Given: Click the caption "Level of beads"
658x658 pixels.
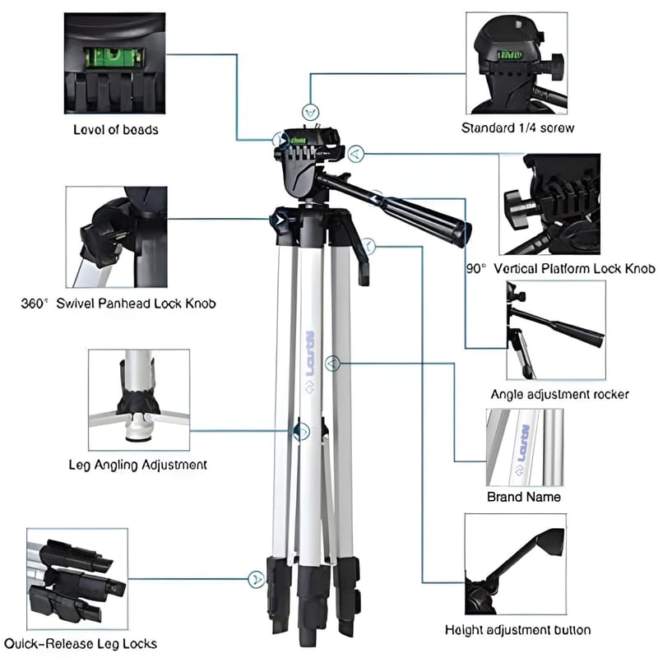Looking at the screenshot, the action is (116, 130).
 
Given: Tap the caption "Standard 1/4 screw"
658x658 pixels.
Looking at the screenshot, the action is (517, 127).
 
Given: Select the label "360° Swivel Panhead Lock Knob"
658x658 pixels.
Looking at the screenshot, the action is (118, 304).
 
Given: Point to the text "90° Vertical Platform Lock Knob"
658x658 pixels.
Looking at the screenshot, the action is (561, 268).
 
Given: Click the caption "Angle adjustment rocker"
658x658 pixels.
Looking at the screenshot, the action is (560, 395).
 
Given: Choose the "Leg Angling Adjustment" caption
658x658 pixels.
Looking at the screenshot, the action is (137, 465).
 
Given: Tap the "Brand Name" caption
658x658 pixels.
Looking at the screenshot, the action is (524, 497).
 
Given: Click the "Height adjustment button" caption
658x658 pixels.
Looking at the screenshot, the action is (518, 629).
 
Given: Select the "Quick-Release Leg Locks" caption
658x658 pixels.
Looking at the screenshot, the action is (81, 644).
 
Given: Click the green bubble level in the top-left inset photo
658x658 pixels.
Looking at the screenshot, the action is (114, 58).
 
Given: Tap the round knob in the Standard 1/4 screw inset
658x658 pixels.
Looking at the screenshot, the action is (553, 67).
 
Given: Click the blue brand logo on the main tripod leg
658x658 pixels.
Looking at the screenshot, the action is (310, 354).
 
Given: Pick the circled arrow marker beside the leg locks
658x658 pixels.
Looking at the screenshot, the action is (256, 579).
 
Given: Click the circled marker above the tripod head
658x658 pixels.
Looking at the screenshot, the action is (311, 113).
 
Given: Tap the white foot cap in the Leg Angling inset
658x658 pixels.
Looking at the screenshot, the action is (138, 427).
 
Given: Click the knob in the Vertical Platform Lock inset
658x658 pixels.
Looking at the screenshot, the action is (517, 206).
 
